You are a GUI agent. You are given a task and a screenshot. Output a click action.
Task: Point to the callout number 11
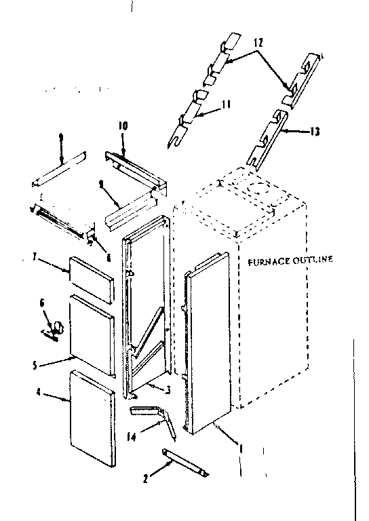(227, 104)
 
